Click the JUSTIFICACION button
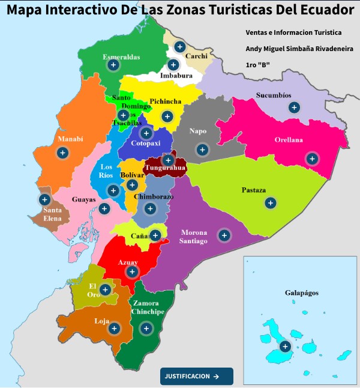click(196, 377)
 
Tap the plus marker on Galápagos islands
click(285, 346)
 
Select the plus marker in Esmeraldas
click(112, 66)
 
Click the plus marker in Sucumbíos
click(293, 108)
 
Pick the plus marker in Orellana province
click(311, 159)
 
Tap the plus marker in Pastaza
click(271, 203)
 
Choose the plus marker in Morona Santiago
click(224, 235)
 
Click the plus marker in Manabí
click(61, 153)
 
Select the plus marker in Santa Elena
click(44, 199)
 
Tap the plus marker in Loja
click(114, 328)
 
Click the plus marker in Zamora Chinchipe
click(145, 328)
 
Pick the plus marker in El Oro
click(105, 290)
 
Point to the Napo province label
click(197, 131)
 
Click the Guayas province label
click(83, 199)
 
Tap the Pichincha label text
click(165, 102)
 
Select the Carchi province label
click(196, 56)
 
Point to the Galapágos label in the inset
click(301, 293)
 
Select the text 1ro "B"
click(258, 64)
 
